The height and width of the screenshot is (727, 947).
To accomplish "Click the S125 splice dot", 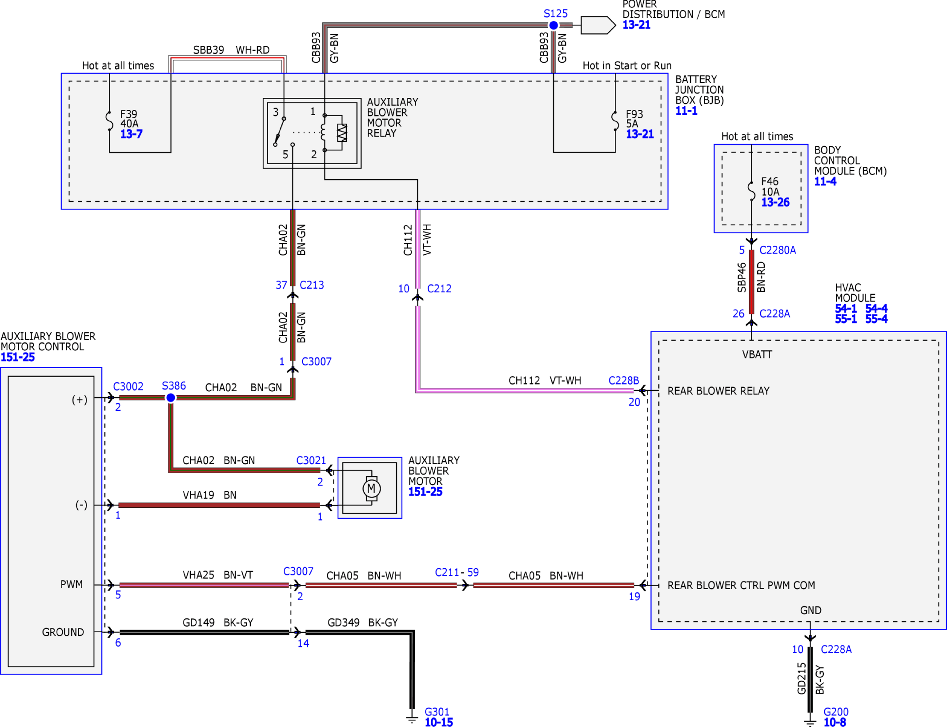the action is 553,25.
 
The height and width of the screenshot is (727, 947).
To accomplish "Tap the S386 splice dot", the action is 171,398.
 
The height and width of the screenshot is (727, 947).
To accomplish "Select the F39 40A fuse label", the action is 129,119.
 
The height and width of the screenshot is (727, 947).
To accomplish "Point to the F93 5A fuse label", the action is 634,119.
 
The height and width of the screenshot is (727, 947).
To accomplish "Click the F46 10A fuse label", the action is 770,187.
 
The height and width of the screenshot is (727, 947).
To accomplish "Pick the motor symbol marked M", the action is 371,489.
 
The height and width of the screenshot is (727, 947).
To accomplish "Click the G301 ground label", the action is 437,712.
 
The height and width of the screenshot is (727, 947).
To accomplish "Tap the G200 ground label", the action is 836,712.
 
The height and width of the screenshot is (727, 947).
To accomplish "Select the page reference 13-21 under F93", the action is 640,134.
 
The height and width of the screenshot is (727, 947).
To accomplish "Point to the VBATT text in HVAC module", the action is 757,354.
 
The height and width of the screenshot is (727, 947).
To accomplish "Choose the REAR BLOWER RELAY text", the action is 718,391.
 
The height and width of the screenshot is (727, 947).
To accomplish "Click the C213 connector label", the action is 312,285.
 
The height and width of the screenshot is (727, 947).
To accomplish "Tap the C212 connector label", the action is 439,289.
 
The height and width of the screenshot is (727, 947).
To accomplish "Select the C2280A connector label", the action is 778,250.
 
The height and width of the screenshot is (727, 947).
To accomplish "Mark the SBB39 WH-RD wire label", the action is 231,50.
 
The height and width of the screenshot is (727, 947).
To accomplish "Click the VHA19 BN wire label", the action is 209,495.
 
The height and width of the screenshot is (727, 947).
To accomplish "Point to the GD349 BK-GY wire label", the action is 363,623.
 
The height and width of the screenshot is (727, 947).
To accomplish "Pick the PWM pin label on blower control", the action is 72,584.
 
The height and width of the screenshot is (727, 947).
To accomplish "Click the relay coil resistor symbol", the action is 342,133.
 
